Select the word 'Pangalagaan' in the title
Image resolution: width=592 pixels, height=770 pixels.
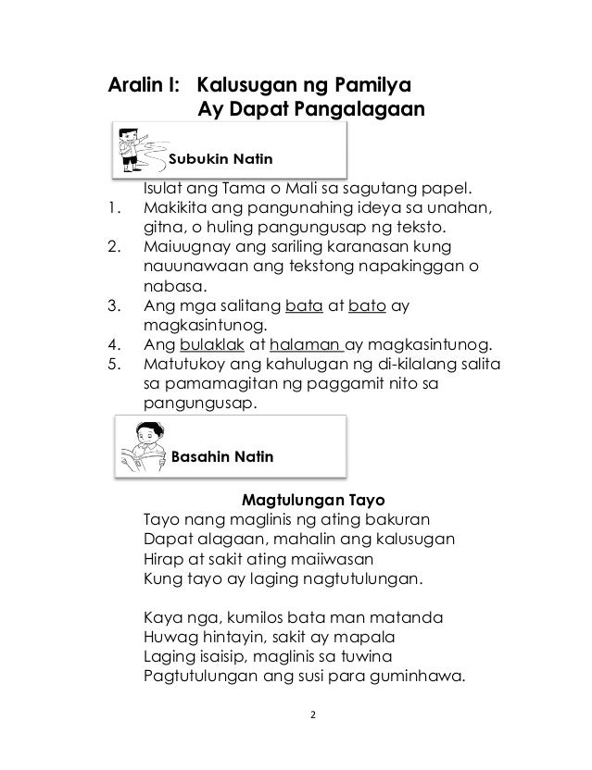360,111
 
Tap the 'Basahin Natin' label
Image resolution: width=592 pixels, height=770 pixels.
222,457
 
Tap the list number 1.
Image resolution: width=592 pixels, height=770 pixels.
115,205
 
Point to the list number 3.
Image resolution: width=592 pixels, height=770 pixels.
115,305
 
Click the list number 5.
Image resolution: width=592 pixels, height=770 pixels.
115,366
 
